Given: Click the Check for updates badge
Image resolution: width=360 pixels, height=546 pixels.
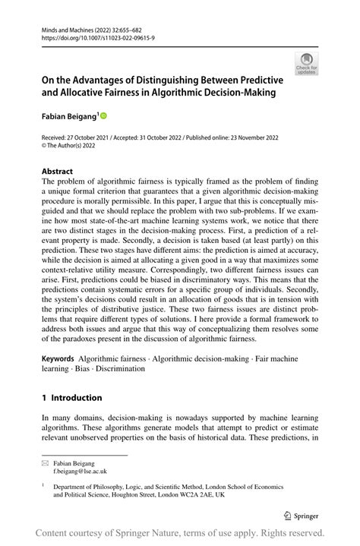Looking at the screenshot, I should (307, 64).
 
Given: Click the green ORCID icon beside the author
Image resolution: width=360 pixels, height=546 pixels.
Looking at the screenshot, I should (103, 116).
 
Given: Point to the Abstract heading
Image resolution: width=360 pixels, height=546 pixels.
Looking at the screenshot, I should (58, 171).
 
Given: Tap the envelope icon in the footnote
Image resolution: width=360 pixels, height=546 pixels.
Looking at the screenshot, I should (46, 461).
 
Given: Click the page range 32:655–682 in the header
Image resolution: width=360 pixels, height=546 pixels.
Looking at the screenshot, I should (114, 27).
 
